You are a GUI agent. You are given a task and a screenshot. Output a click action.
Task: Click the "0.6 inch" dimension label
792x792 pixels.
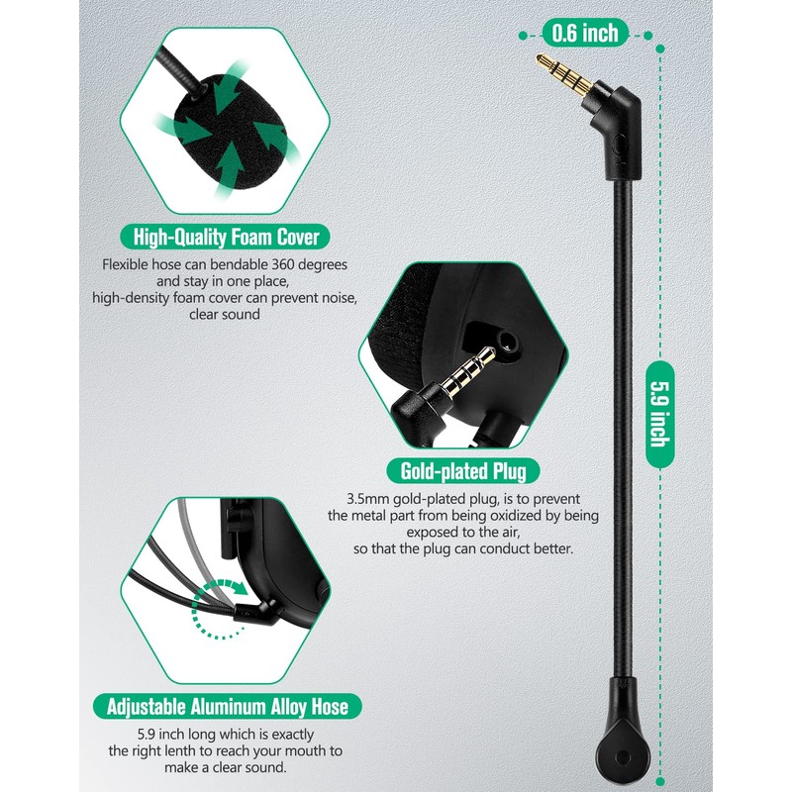585,33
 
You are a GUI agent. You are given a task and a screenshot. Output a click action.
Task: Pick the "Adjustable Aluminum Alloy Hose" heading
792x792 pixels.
227,707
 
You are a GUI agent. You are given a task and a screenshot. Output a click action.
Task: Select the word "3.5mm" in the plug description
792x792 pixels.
368,498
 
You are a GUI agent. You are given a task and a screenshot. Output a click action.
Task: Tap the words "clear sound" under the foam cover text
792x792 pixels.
225,315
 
